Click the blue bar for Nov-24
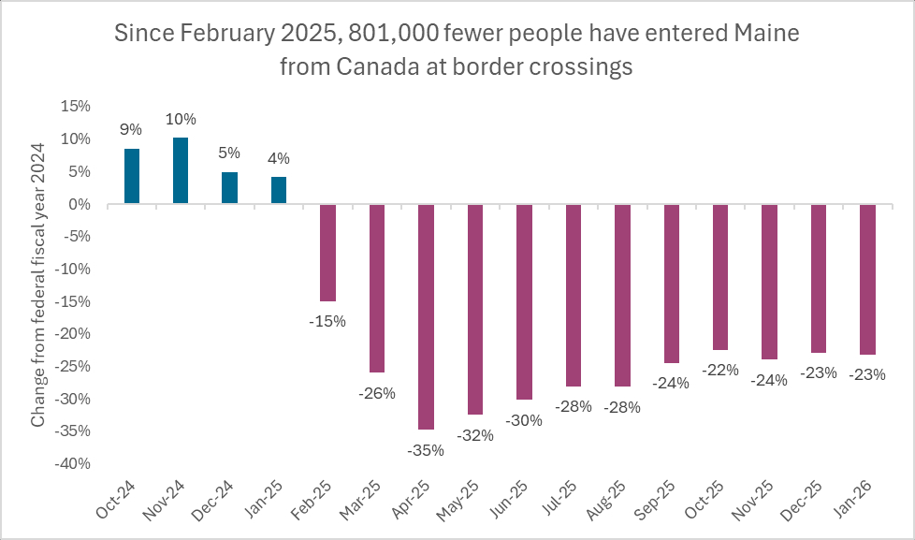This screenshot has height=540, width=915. click(181, 171)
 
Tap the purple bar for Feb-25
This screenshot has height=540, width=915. click(327, 253)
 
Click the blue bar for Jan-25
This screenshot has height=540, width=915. click(279, 190)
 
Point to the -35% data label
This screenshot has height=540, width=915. click(426, 450)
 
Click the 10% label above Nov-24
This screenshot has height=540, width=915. click(181, 119)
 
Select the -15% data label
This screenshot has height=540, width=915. click(327, 321)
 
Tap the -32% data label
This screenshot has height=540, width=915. click(474, 435)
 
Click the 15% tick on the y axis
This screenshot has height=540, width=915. click(77, 107)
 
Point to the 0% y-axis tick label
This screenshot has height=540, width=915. click(80, 204)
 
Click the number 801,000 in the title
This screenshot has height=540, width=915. click(394, 36)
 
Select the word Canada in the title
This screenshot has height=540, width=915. click(370, 67)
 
